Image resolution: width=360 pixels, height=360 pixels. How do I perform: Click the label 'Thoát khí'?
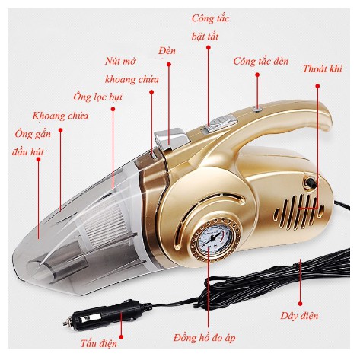322,69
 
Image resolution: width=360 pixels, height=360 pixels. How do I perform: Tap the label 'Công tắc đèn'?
261,62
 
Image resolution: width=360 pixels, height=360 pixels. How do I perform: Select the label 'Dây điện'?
299,316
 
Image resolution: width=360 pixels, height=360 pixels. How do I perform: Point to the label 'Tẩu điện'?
99,343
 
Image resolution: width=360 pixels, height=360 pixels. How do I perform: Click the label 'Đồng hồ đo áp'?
205,338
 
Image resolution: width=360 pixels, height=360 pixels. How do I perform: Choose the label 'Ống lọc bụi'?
98,97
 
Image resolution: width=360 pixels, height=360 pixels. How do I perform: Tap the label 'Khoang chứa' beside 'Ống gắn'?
60,116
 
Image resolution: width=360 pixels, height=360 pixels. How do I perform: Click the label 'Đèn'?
167,51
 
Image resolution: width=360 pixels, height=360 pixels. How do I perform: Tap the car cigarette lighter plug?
107,314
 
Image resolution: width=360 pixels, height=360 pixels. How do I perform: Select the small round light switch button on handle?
257,109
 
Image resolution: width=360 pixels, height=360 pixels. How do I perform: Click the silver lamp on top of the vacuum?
173,139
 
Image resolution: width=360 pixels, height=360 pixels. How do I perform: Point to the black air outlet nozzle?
310,182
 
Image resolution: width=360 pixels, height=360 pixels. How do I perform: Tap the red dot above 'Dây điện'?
300,304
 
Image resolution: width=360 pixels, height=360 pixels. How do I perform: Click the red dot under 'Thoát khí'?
317,86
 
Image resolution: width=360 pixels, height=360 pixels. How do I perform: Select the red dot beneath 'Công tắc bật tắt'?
209,47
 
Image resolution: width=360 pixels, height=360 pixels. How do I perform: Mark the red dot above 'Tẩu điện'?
121,337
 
